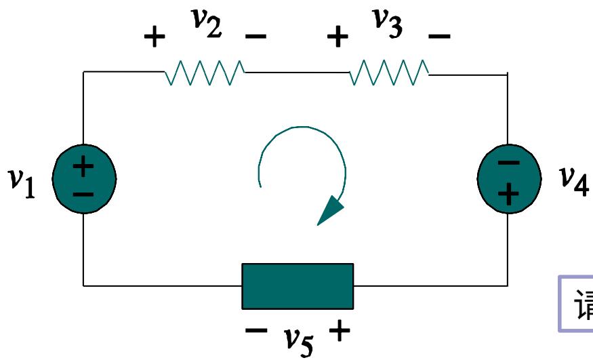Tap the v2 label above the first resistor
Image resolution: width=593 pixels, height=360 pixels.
[x=205, y=26]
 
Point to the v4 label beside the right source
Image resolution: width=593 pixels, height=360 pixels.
[x=572, y=178]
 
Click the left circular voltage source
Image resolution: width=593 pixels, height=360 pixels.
[x=83, y=179]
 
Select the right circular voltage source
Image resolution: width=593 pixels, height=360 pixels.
[x=509, y=178]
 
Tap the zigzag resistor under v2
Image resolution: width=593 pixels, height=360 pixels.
[x=205, y=72]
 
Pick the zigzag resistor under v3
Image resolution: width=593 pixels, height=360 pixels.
[x=389, y=72]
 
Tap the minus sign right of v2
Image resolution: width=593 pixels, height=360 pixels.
[x=255, y=36]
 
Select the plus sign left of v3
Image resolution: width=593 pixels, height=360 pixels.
[x=337, y=37]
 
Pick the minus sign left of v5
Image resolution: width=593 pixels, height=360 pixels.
[x=255, y=332]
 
